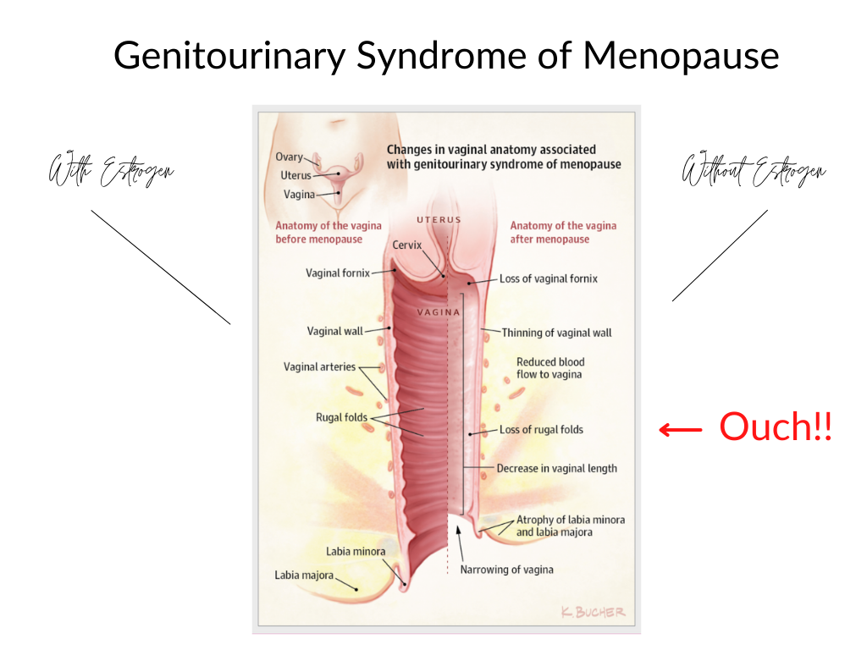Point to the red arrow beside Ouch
pyautogui.click(x=681, y=430)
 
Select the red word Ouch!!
pyautogui.click(x=776, y=427)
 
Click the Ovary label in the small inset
pyautogui.click(x=289, y=157)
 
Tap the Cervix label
pyautogui.click(x=408, y=245)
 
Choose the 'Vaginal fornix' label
pyautogui.click(x=338, y=273)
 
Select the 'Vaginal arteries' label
pyautogui.click(x=319, y=367)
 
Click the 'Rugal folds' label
pyautogui.click(x=342, y=417)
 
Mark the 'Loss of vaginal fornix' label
pyautogui.click(x=548, y=278)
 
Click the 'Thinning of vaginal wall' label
pyautogui.click(x=556, y=333)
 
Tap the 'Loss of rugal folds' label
pyautogui.click(x=541, y=429)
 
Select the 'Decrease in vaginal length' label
pyautogui.click(x=556, y=468)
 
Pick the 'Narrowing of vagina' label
pyautogui.click(x=506, y=570)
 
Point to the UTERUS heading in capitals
pyautogui.click(x=439, y=220)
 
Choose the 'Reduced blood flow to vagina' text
pyautogui.click(x=550, y=368)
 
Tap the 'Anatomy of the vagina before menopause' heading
pyautogui.click(x=329, y=232)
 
